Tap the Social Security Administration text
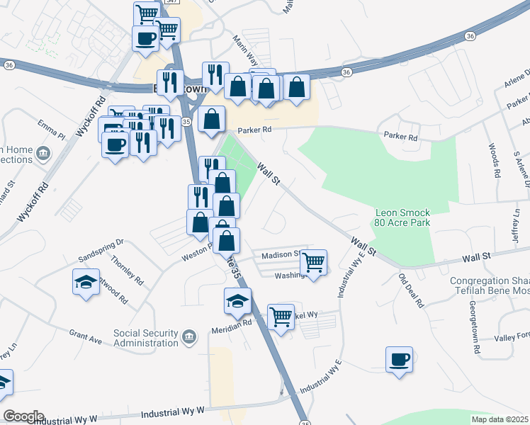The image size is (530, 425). coord(146,338)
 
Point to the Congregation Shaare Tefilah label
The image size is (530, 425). coord(490,287)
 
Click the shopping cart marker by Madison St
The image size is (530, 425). coord(313,263)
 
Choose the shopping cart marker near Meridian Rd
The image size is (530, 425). coord(281,317)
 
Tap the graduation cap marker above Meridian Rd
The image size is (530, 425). coord(237,302)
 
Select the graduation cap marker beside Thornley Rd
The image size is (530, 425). coord(85,282)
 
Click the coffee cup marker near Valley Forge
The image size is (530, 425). coord(399,358)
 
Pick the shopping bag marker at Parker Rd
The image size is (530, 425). coord(212,120)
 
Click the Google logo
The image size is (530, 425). coord(23,416)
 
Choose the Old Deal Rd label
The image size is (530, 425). coord(410,290)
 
